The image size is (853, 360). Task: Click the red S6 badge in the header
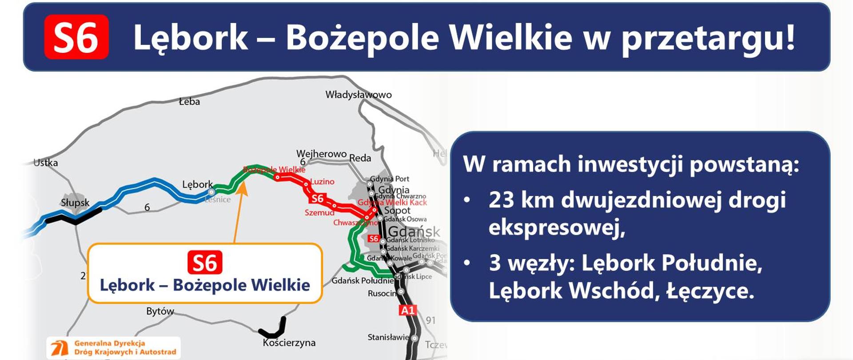click(x=76, y=37)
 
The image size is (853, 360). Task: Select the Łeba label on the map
click(x=189, y=102)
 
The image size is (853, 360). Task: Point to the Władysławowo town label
click(x=359, y=95)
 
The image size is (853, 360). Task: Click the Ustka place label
click(x=46, y=163)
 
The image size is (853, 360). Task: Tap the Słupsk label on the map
click(x=75, y=203)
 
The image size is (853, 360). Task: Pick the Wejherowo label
click(x=321, y=154)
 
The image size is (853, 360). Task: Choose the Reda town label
click(x=360, y=158)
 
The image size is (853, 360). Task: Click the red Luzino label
click(x=322, y=181)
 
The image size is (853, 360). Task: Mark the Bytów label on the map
click(x=160, y=311)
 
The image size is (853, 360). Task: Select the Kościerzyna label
click(x=289, y=343)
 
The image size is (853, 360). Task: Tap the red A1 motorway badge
click(x=408, y=310)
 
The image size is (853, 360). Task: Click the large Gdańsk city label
click(x=414, y=232)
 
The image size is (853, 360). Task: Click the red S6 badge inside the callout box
click(x=205, y=263)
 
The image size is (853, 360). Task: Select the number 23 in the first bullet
click(x=501, y=200)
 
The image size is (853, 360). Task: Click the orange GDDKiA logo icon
click(x=59, y=348)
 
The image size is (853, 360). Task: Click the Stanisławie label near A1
click(x=388, y=337)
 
